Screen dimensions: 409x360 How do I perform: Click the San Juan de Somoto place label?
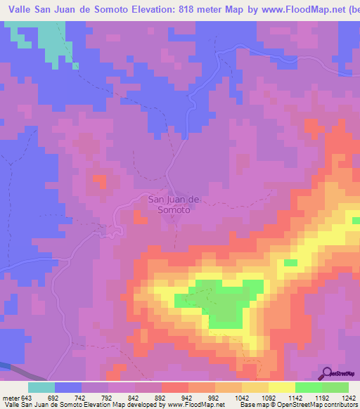pos(174,204)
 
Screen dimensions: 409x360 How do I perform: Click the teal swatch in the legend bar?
pos(41,387)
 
